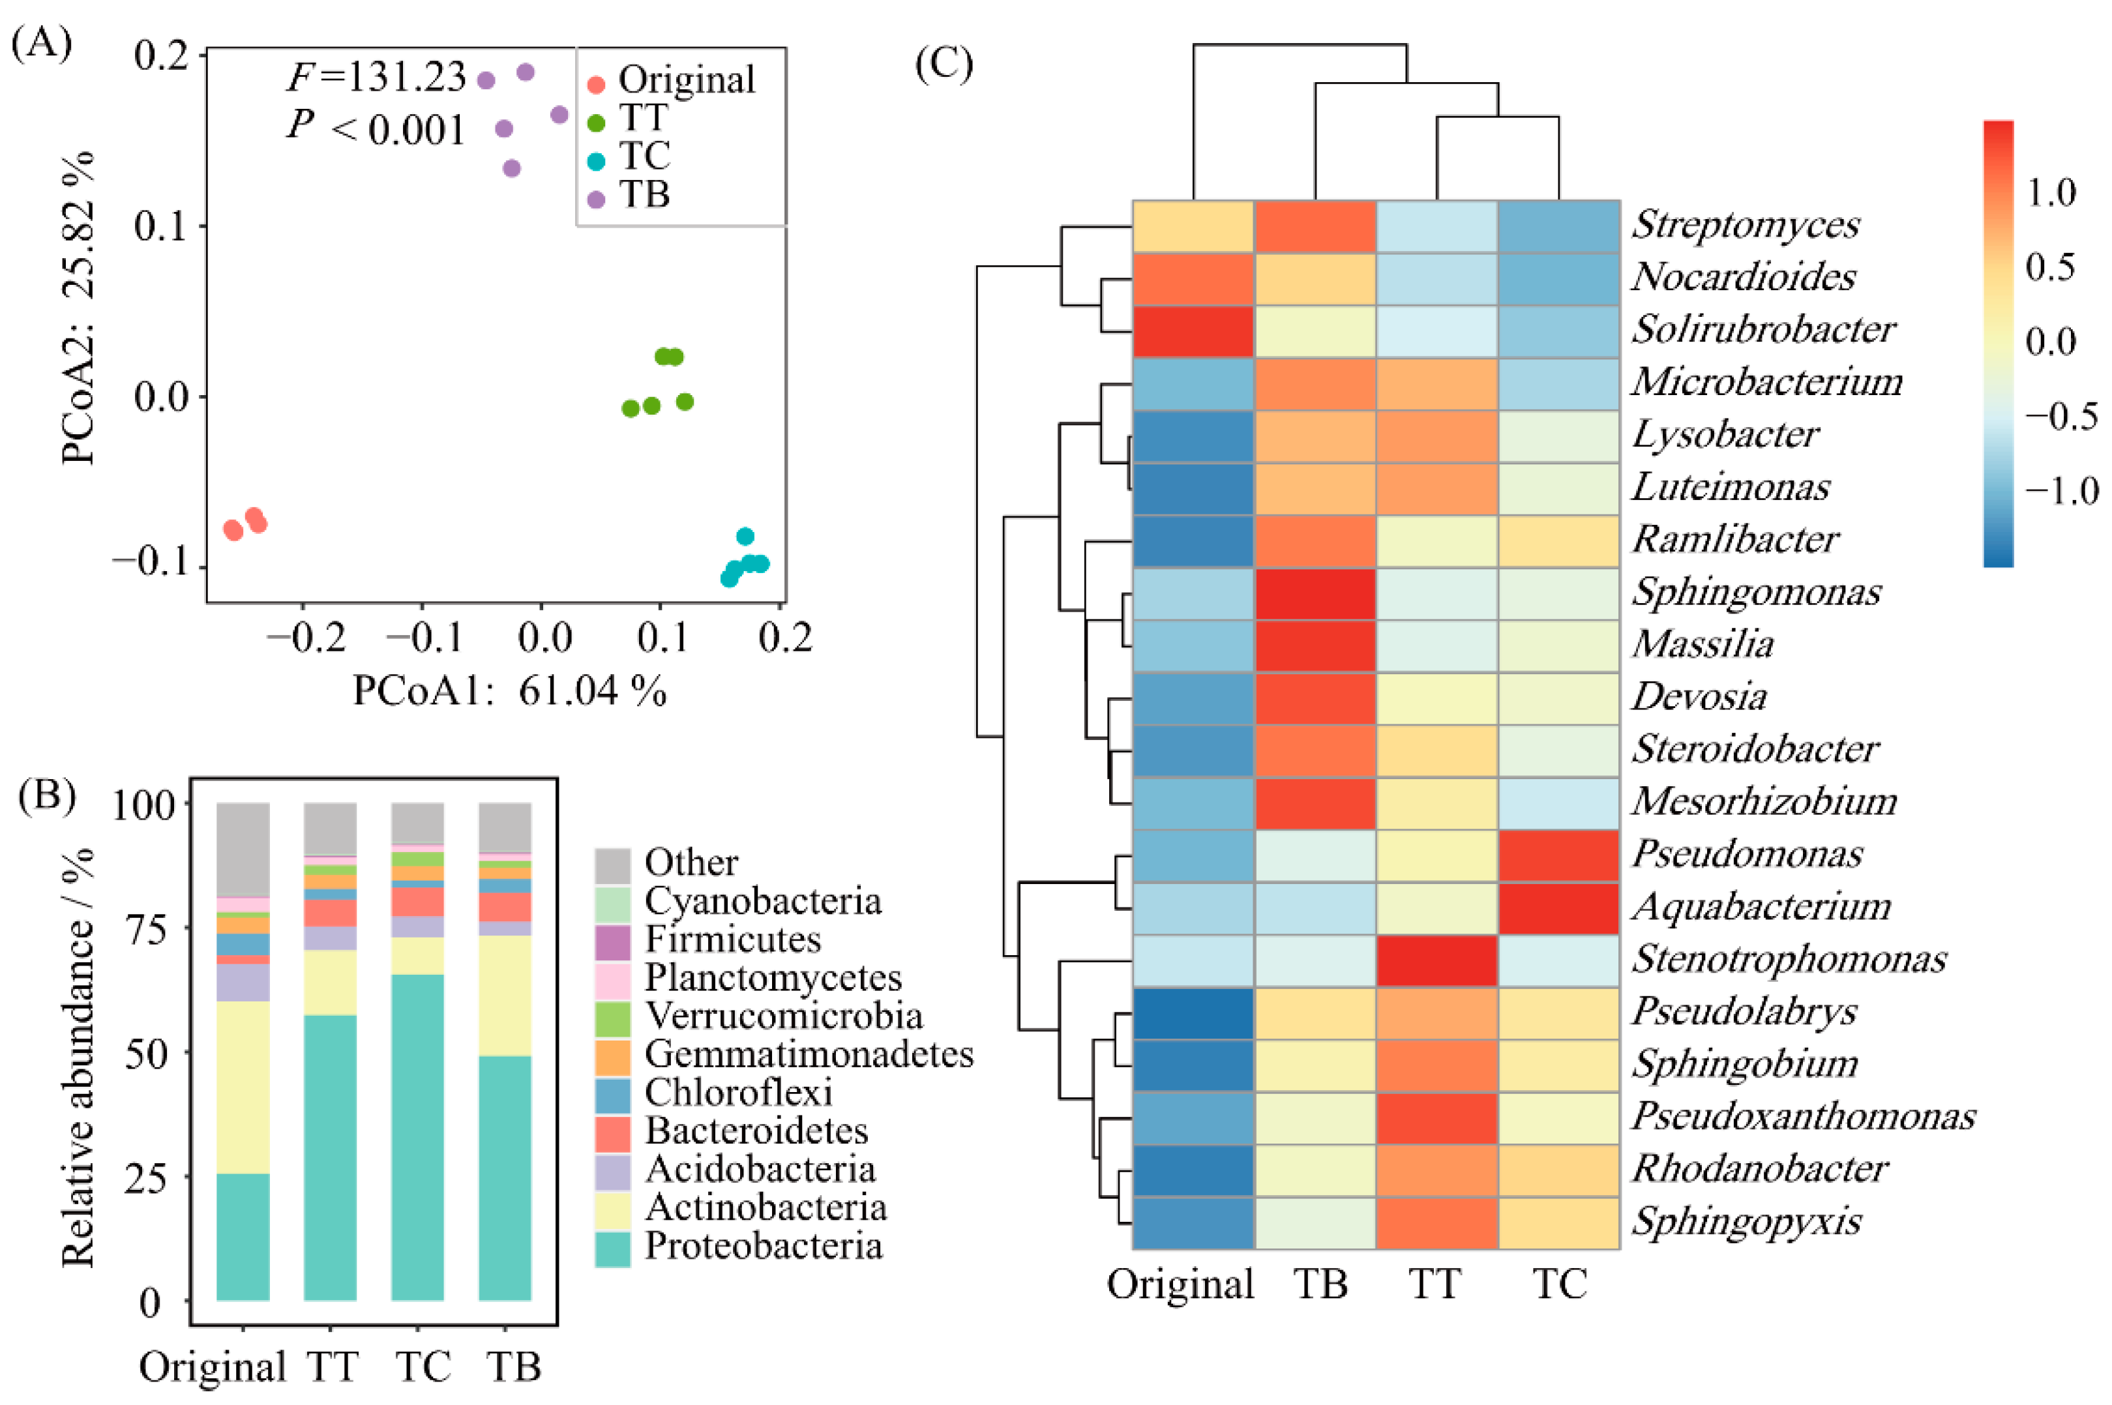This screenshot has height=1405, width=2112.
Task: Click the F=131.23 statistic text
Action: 376,78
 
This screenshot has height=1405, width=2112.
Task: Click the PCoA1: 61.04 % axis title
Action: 509,691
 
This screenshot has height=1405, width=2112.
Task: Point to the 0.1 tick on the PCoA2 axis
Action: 161,226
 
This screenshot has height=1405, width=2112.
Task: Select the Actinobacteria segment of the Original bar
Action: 243,1087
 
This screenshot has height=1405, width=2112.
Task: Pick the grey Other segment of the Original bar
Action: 243,849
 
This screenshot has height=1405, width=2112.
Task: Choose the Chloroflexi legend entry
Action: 737,1092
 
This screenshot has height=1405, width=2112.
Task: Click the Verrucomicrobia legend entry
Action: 782,1015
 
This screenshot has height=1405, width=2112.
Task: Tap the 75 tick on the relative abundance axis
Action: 145,929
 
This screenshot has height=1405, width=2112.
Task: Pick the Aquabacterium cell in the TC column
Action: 1558,908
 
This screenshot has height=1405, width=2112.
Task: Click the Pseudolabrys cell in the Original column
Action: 1193,1013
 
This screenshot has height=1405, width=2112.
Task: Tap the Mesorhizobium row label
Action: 1763,802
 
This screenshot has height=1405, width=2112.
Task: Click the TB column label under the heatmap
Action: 1320,1284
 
